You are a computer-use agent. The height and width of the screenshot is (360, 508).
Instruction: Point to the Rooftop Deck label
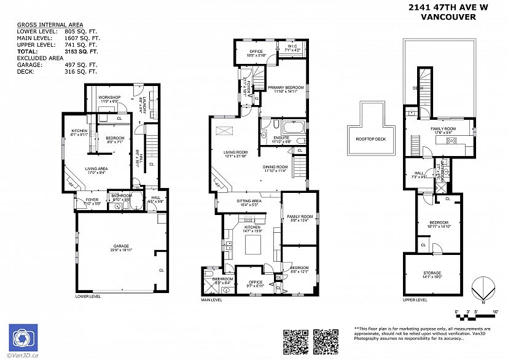370,138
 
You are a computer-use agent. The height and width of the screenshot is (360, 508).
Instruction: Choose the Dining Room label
275,168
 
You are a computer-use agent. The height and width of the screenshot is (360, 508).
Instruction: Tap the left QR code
294,341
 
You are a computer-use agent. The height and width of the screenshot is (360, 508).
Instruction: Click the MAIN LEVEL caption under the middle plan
213,300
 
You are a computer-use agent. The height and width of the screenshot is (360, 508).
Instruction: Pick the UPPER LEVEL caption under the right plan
415,300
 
